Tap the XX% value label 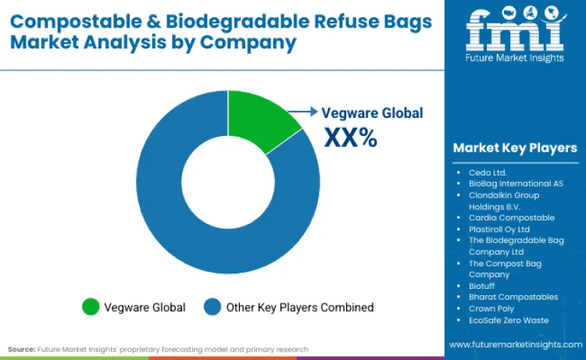tap(351, 137)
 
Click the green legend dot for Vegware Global tap(91, 307)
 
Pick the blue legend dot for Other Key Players tap(213, 307)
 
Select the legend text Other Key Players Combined tap(300, 307)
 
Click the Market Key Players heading tap(515, 148)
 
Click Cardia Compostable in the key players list tap(511, 218)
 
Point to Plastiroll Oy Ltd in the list tap(498, 229)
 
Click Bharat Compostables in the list tap(513, 297)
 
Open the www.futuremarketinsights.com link tap(516, 344)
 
